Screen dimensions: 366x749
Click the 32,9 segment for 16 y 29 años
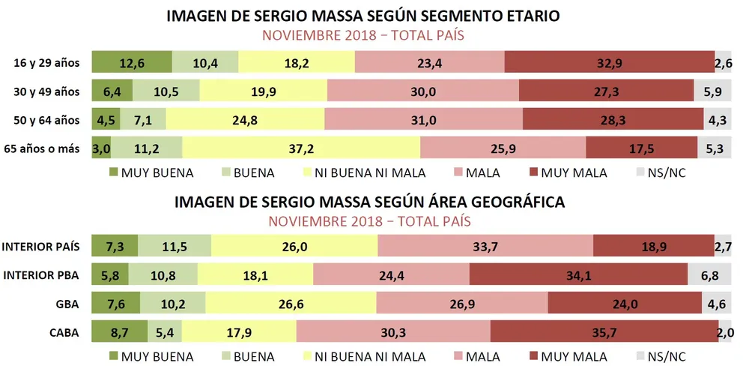610,64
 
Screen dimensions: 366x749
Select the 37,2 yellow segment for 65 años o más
301,148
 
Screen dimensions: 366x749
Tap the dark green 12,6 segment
132,64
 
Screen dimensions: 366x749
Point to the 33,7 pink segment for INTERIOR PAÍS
485,247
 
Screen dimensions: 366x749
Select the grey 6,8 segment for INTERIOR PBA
709,274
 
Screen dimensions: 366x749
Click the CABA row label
65,331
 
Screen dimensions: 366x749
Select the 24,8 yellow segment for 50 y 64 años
245,120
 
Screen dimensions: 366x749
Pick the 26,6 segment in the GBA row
291,303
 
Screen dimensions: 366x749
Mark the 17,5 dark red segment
641,148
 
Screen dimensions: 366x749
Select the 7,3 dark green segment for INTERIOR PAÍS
115,247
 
